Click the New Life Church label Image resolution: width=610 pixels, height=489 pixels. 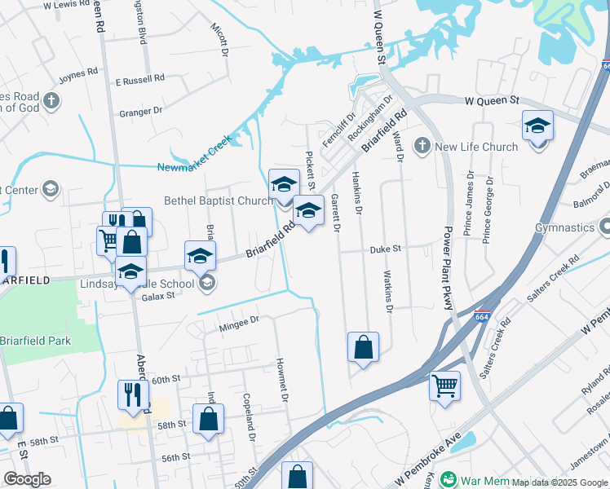476,147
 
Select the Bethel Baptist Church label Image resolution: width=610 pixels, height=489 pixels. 218,200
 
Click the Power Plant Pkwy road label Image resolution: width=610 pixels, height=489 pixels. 448,270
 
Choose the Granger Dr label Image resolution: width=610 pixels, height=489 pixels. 141,111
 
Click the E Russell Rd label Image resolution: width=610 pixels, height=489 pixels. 139,80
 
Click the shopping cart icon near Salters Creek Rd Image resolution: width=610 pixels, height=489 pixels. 444,385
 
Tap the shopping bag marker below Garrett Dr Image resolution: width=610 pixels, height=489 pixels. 363,346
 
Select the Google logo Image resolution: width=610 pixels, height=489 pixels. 27,479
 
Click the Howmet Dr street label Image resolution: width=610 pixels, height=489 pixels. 282,380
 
